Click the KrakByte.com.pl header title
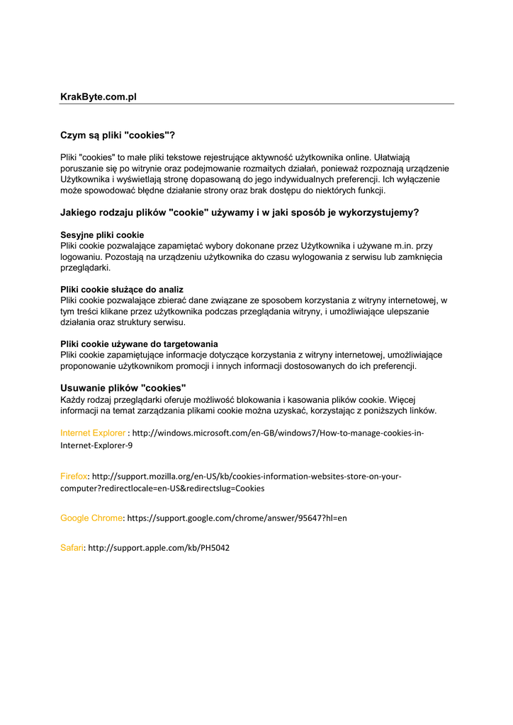(x=98, y=96)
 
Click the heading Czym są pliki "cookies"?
(x=117, y=135)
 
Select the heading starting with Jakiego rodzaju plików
(x=239, y=212)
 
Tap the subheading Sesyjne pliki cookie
(x=102, y=234)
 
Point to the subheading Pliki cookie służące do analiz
(x=122, y=289)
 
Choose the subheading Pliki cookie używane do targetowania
(x=139, y=343)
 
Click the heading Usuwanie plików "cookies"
(x=123, y=387)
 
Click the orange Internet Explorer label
(x=93, y=433)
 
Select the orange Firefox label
(x=74, y=476)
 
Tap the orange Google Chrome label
(x=91, y=518)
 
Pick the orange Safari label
(x=72, y=547)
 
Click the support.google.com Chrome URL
(x=237, y=518)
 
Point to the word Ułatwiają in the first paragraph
(x=398, y=156)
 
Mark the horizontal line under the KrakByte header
(x=256, y=104)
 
